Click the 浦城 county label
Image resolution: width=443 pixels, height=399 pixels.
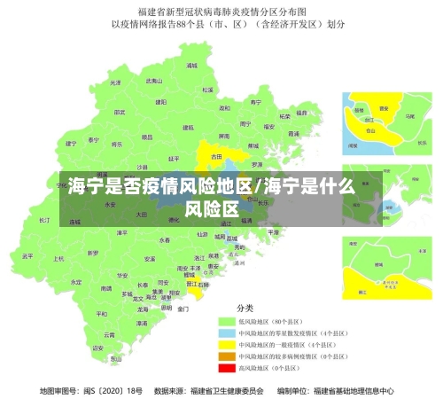[191, 66]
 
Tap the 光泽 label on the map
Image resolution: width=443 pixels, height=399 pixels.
[113, 82]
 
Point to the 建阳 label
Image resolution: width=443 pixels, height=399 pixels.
[161, 102]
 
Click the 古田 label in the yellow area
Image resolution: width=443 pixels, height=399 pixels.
[216, 157]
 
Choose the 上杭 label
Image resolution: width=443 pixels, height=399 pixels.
[58, 259]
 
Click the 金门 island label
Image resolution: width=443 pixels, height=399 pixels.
[183, 309]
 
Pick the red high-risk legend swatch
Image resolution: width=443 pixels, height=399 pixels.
[228, 367]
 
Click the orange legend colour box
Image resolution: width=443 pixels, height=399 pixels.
[228, 356]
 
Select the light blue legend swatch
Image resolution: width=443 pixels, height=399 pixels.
[228, 332]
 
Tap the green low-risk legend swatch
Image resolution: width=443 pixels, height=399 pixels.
[228, 321]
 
